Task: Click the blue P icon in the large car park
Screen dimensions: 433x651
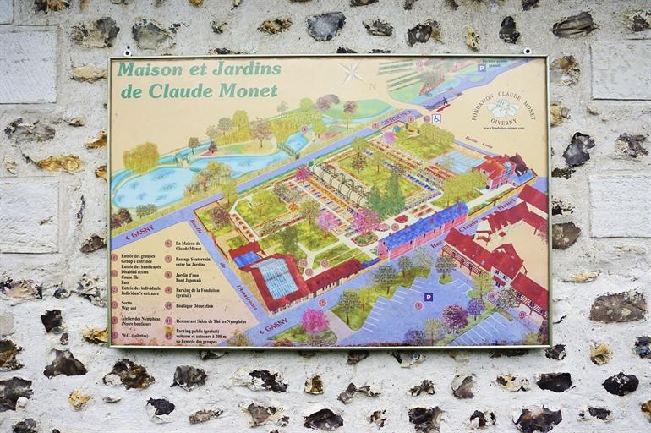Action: tap(429, 297)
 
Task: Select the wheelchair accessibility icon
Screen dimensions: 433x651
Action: tap(436, 118)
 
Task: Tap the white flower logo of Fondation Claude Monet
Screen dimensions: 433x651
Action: tap(505, 108)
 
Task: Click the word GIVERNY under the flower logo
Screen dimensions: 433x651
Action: tap(506, 122)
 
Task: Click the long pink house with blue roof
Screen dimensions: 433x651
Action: tap(422, 230)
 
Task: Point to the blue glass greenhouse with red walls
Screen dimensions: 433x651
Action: tap(276, 277)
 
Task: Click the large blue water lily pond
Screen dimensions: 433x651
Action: tap(152, 186)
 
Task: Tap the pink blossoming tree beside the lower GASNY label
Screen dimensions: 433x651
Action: tap(315, 321)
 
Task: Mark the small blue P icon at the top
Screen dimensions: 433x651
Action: tap(482, 67)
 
